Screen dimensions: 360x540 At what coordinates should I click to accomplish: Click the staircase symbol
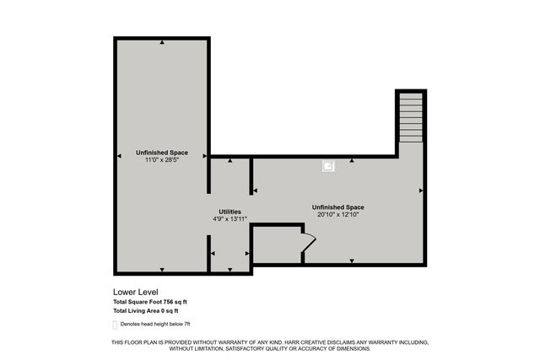pos(410,117)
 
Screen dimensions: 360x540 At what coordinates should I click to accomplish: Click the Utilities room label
pos(229,212)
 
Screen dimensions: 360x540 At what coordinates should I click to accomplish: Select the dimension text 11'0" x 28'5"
pos(161,160)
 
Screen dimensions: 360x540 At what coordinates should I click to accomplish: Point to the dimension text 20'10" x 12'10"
pos(337,214)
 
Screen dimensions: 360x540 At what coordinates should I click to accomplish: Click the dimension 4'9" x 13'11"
pos(229,219)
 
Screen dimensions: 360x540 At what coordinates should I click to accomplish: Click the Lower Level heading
pos(137,292)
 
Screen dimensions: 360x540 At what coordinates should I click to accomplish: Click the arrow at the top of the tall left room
pos(162,41)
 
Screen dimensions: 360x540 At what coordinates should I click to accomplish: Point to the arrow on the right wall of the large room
pos(420,191)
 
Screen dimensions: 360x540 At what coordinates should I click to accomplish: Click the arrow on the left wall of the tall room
pos(118,154)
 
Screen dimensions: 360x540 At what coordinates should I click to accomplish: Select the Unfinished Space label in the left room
pos(161,153)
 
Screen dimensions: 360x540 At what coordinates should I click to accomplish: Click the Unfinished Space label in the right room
pos(337,207)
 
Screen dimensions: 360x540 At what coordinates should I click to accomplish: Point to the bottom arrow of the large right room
pos(352,261)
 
